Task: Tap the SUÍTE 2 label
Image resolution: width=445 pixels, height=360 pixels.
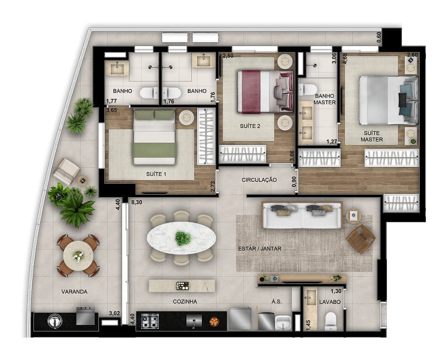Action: pos(250,126)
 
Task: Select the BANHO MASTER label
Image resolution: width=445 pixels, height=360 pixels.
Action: pos(325,99)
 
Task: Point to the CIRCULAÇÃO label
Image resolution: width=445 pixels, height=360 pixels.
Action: pos(259,180)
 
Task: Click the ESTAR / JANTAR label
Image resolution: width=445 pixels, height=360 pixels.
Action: pos(260,249)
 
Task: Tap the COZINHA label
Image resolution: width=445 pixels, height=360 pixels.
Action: pos(185,301)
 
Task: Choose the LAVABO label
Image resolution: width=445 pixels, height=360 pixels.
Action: pos(330,301)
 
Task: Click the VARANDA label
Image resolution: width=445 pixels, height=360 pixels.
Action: pos(74,292)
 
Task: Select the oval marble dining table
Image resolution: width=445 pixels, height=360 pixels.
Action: pos(181,238)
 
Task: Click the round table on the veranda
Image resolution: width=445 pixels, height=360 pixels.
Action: pos(78,256)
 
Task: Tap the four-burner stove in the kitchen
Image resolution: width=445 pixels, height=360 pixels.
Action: pos(150,321)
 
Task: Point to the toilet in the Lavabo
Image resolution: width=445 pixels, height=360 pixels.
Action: pos(331,320)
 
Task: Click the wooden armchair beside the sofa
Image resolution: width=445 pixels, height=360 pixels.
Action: pos(361,238)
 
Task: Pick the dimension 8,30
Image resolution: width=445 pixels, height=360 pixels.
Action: pos(136,202)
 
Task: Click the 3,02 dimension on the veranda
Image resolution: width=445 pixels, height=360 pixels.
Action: pos(114,313)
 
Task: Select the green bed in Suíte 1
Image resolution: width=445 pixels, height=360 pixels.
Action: pos(154,137)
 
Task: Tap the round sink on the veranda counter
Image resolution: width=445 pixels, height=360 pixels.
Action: pos(55,321)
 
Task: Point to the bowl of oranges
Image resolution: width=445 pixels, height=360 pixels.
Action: pos(214,322)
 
